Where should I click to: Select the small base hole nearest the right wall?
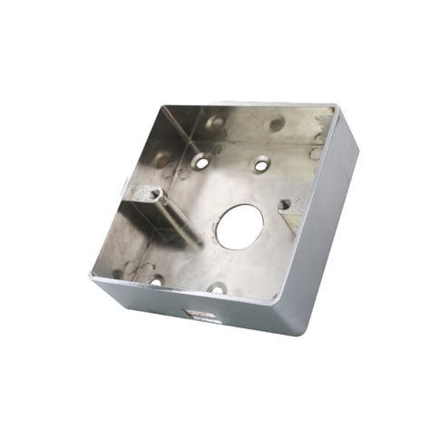pyautogui.click(x=285, y=204)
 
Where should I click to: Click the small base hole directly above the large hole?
pyautogui.click(x=261, y=165)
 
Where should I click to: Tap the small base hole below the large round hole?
pyautogui.click(x=218, y=289)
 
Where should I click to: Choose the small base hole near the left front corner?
pyautogui.click(x=154, y=279)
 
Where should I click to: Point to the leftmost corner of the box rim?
pyautogui.click(x=92, y=278)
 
